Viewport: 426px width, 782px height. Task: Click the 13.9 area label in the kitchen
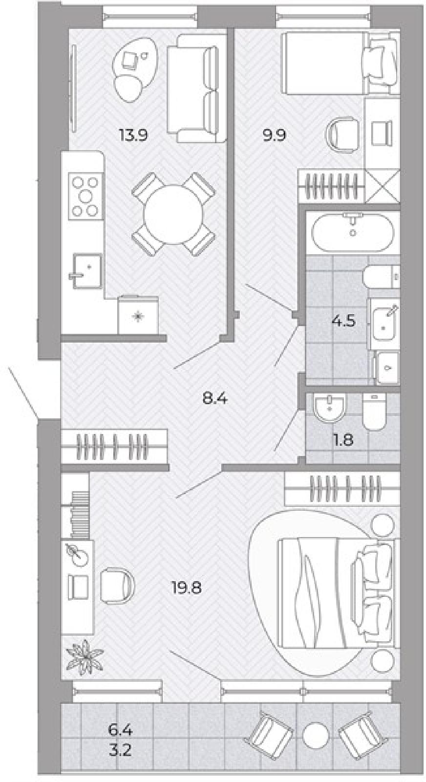[x=133, y=134]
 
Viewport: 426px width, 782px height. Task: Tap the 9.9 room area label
[x=274, y=134]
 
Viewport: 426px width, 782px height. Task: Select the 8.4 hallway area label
[x=215, y=398]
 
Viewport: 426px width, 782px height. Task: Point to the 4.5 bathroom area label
[x=343, y=321]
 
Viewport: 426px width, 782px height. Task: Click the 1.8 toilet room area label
[x=343, y=440]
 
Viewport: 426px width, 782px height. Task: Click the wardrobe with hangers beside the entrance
[x=114, y=447]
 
